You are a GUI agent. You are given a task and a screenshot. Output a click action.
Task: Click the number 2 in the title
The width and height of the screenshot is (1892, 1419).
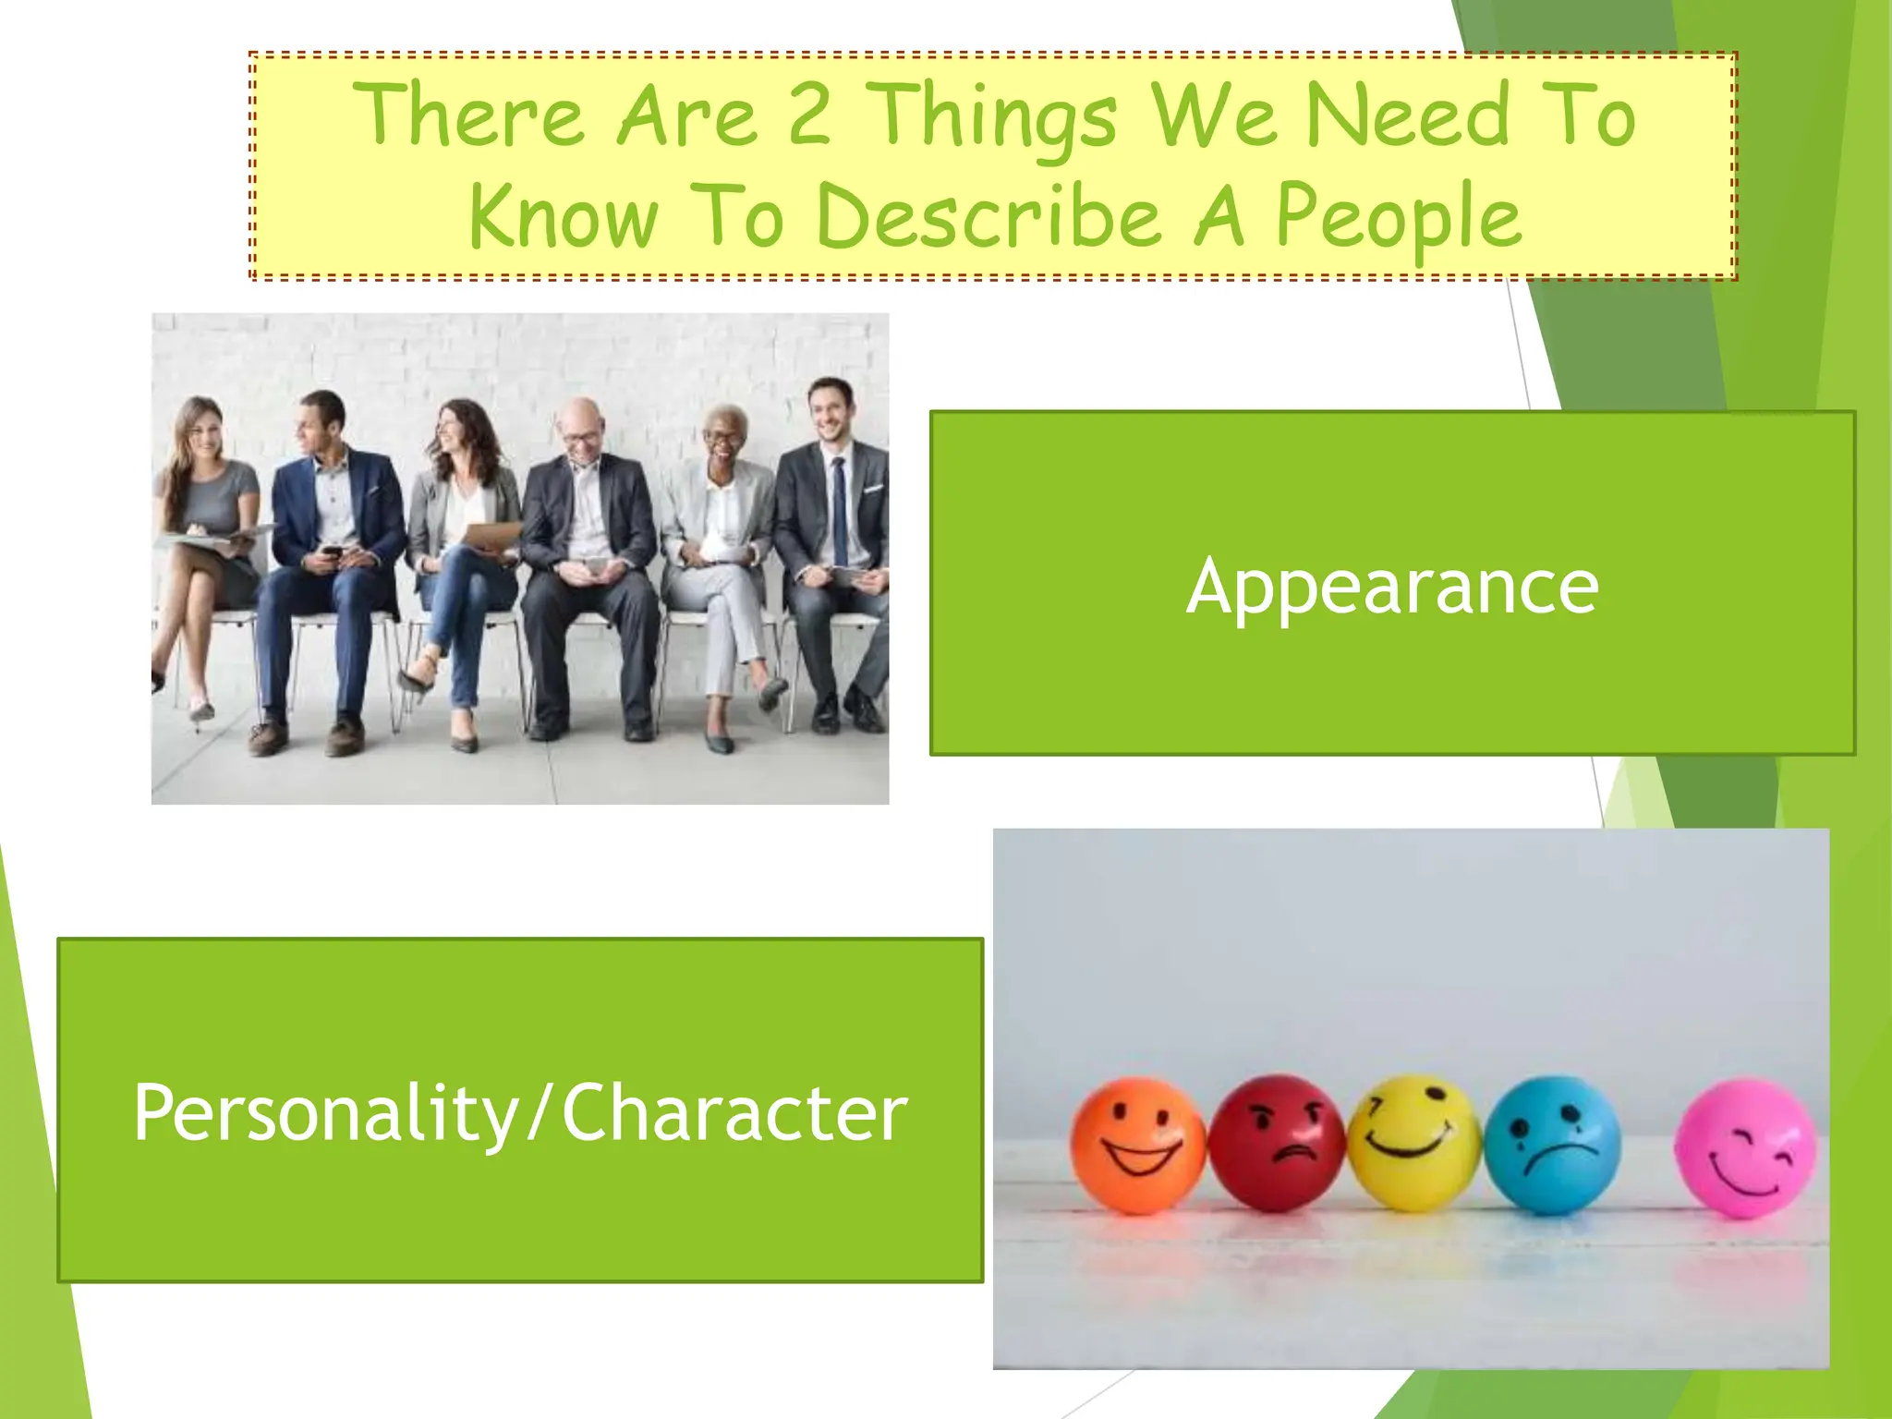pos(809,115)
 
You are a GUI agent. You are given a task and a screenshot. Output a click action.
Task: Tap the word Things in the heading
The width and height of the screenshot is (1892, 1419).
pos(993,118)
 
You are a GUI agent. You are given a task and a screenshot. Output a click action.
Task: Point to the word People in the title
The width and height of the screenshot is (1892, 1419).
pos(1398,218)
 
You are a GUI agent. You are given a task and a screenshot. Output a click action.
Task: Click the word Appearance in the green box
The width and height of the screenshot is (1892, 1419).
pos(1392,586)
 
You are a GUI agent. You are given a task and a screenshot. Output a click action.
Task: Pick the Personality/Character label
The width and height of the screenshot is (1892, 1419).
pos(520,1112)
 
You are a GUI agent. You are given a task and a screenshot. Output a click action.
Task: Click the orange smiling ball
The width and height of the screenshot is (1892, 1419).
pos(1137,1145)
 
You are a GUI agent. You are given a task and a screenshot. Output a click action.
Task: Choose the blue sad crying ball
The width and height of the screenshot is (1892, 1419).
pos(1552,1144)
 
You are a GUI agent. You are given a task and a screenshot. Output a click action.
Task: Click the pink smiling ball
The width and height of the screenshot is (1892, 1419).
pos(1745,1147)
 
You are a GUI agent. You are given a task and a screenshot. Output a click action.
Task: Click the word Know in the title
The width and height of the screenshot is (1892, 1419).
pos(564,218)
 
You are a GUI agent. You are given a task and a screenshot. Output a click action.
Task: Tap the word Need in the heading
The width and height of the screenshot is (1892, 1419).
pos(1406,117)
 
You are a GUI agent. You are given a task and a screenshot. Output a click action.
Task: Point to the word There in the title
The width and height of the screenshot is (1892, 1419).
pos(468,116)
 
